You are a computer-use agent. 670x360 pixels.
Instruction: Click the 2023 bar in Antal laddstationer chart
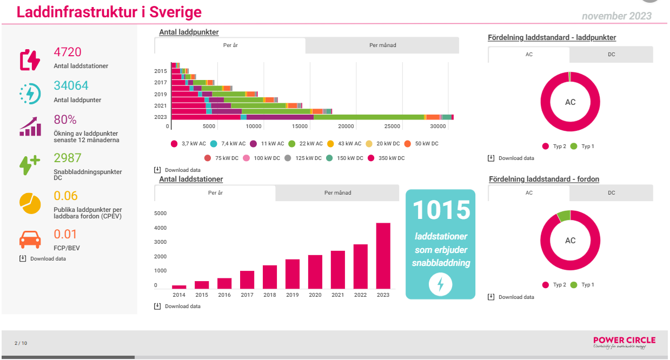click(383, 256)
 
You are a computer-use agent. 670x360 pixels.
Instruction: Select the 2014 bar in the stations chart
click(179, 287)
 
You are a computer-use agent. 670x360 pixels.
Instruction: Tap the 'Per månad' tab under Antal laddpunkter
click(382, 45)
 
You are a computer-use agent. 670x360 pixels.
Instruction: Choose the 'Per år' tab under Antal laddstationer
click(215, 193)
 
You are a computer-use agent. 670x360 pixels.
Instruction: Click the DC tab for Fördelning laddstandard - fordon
click(611, 193)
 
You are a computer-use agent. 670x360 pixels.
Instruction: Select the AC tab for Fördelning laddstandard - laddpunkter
click(529, 55)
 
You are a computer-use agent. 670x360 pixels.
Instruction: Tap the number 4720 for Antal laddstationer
click(68, 52)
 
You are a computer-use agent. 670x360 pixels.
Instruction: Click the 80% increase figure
click(65, 120)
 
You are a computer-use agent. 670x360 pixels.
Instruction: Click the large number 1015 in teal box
click(440, 210)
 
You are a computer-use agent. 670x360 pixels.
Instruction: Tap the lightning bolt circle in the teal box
click(440, 284)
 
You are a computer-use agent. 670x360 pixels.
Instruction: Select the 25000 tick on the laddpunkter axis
click(392, 126)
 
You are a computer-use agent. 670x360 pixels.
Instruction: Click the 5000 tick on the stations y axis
click(160, 213)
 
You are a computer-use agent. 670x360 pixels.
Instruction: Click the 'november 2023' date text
click(616, 16)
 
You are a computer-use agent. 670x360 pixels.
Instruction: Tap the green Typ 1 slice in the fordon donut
click(563, 216)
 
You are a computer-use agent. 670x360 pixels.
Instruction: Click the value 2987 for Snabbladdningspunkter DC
click(68, 158)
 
